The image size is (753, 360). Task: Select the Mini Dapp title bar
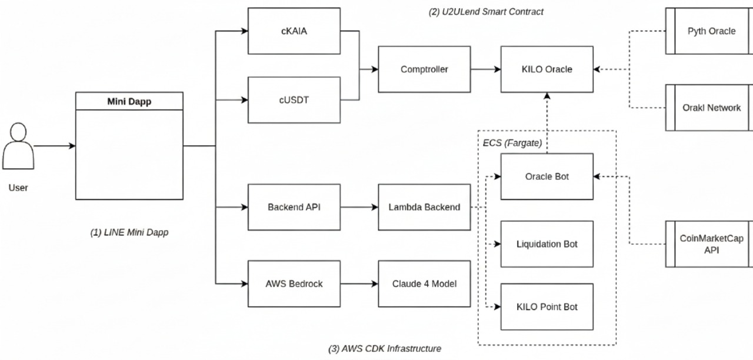(129, 101)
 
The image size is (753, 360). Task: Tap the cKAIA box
(294, 31)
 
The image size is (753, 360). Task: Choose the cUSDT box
(294, 100)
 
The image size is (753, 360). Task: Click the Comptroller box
(424, 69)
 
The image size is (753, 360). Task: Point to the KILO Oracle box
(547, 69)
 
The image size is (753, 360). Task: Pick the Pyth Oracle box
(711, 31)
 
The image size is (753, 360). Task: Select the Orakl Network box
(711, 108)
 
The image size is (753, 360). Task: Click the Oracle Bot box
(547, 176)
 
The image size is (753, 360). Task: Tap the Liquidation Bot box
(547, 244)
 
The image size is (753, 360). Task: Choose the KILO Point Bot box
(547, 306)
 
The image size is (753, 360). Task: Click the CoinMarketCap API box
(711, 244)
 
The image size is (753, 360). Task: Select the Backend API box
(294, 207)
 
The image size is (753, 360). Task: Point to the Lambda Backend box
(424, 207)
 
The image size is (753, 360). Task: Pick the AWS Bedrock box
(294, 284)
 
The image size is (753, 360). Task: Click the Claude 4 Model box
(424, 284)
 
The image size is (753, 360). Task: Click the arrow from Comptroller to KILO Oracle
(485, 69)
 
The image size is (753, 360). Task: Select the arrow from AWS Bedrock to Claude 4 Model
(359, 284)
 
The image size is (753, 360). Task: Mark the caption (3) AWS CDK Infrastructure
(385, 349)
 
